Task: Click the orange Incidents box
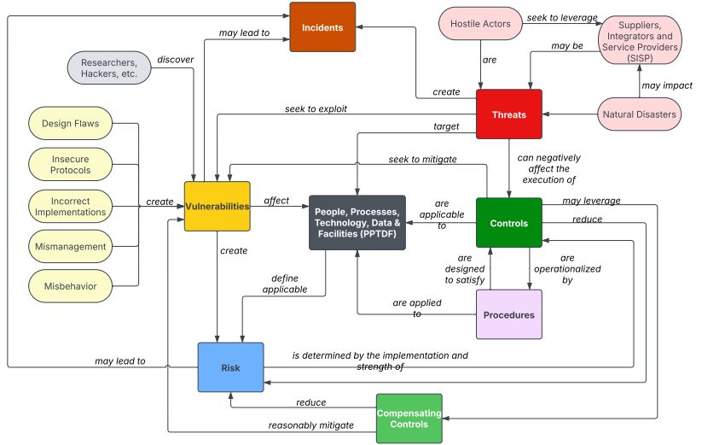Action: (x=322, y=27)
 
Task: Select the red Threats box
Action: (x=508, y=114)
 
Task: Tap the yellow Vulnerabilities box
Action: (x=217, y=206)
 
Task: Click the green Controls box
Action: (x=508, y=224)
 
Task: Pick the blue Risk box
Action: (x=230, y=367)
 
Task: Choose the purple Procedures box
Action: (x=508, y=314)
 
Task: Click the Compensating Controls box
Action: (x=409, y=419)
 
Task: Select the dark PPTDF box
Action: (x=357, y=222)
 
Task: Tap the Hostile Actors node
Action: (x=479, y=24)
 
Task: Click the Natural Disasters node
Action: (x=639, y=114)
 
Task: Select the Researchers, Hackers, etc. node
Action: (x=108, y=68)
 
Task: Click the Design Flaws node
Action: (x=70, y=124)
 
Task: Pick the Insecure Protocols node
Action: (x=70, y=165)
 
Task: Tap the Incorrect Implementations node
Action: (x=70, y=206)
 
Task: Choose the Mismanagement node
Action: (x=70, y=247)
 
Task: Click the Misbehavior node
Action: (x=70, y=287)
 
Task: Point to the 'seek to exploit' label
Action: (x=316, y=109)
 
